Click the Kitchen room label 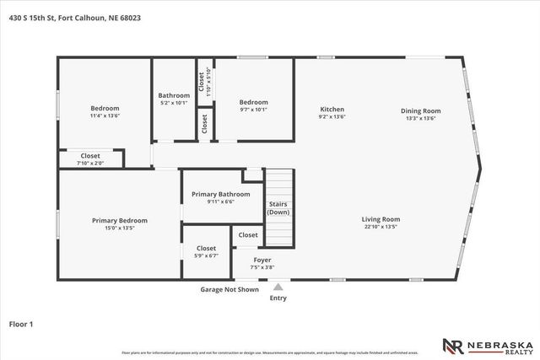[x=332, y=110]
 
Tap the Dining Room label [x=420, y=110]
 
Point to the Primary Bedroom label [x=120, y=220]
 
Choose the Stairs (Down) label [x=278, y=208]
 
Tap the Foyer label [x=262, y=261]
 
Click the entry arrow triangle [x=278, y=287]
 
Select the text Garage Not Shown [x=229, y=289]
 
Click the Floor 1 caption [x=20, y=324]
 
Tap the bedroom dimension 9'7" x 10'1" [x=253, y=109]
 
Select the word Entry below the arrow [x=278, y=298]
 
